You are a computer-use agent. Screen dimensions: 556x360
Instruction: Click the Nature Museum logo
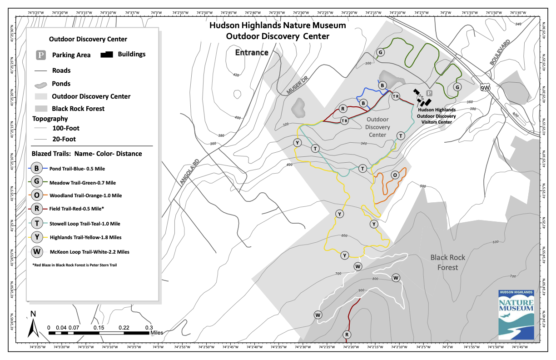516,314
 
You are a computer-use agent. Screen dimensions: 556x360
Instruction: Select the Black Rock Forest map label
448,262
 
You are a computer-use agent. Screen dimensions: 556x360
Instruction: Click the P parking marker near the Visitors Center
429,93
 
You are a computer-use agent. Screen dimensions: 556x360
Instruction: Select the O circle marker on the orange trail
395,175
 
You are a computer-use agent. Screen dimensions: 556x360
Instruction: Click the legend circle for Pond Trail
37,168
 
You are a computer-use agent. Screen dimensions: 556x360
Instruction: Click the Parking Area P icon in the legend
41,55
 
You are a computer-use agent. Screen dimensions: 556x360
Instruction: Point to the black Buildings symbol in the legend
107,55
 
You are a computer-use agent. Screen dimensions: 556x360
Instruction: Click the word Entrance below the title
252,53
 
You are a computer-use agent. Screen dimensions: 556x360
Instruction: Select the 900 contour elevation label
362,290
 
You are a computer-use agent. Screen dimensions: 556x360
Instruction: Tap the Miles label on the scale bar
157,333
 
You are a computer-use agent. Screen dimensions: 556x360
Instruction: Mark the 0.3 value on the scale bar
149,327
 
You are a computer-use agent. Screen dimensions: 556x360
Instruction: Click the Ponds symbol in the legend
41,84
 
